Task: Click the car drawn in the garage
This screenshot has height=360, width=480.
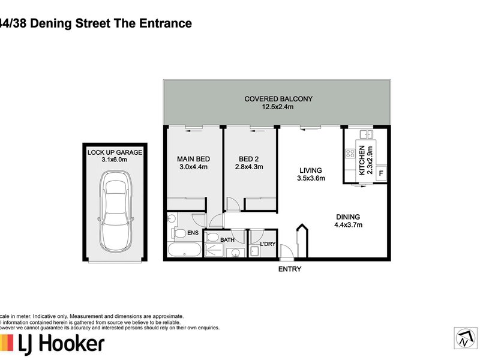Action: tap(115, 212)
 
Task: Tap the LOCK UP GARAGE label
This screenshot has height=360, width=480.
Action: tap(115, 152)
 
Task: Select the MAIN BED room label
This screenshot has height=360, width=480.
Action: tap(192, 159)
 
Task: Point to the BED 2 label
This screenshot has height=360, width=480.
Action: tap(248, 159)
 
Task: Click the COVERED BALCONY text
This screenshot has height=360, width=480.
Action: tap(278, 99)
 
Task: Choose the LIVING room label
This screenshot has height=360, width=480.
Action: tap(311, 170)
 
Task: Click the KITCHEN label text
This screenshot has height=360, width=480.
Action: tap(362, 160)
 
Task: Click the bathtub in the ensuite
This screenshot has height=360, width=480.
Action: tap(184, 251)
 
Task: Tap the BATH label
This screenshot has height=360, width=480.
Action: tap(227, 240)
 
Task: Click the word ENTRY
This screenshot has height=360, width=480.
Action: tap(290, 269)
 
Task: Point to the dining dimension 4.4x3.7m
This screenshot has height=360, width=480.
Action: tap(348, 225)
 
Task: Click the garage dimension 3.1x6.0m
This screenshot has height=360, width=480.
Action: tap(115, 160)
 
